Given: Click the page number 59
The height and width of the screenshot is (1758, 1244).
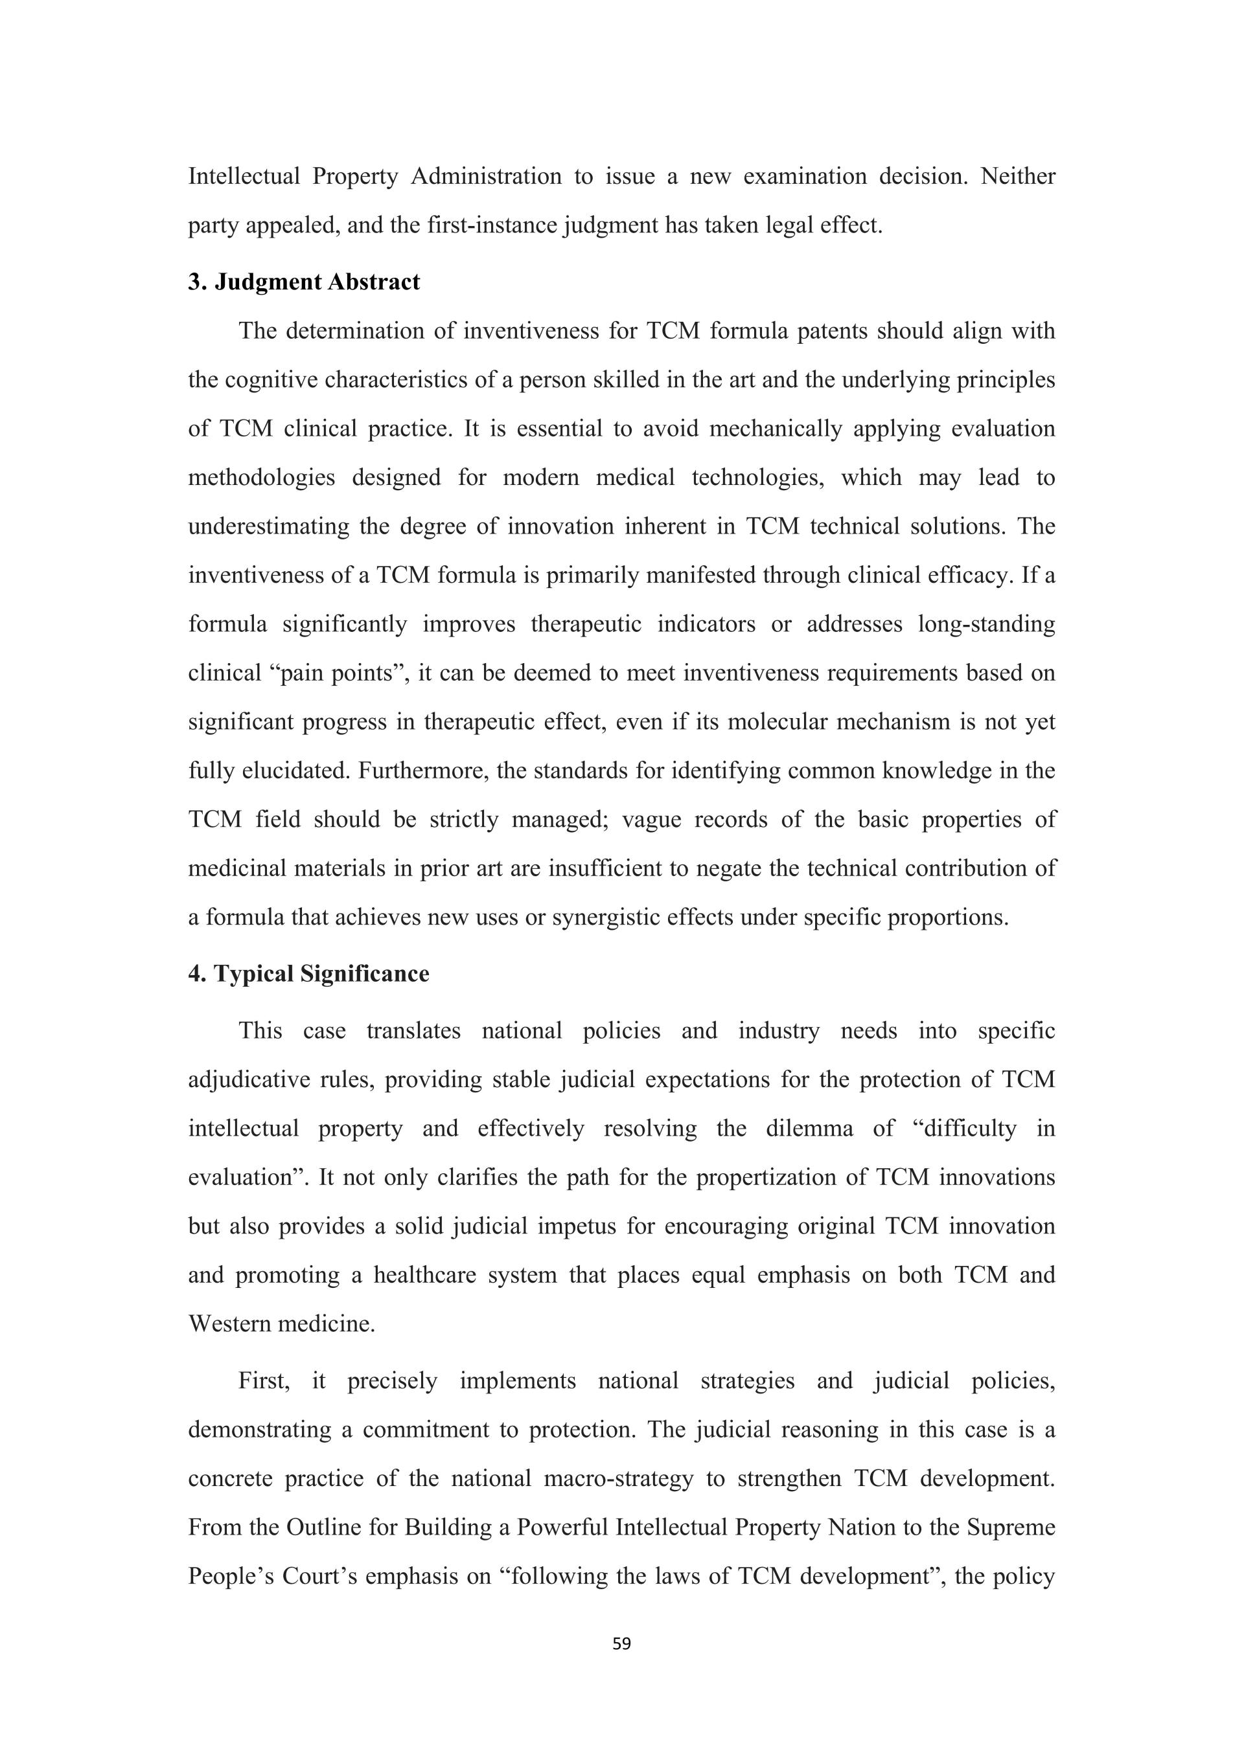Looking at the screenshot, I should coord(622,1643).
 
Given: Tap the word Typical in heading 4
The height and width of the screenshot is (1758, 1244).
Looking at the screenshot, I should coord(253,974).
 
